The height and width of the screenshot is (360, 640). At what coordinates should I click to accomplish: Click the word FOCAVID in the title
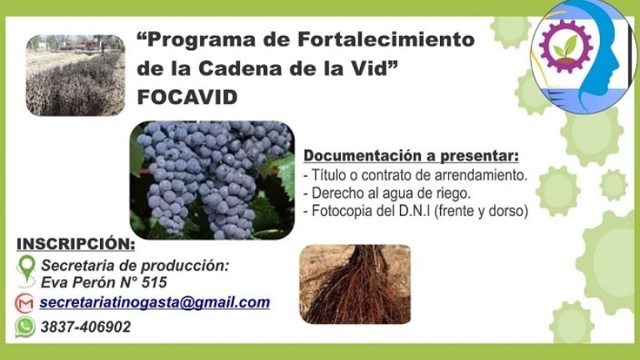click(187, 97)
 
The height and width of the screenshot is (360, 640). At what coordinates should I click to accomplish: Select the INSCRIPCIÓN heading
click(75, 243)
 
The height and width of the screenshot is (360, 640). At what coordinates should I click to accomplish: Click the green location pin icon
click(26, 269)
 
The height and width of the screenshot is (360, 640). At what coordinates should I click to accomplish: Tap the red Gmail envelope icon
click(25, 303)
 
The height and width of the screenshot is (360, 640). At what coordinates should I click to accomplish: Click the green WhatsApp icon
click(26, 326)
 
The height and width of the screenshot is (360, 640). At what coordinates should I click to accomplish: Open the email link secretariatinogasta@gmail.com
click(154, 302)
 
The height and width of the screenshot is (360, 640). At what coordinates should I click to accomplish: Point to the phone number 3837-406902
click(85, 327)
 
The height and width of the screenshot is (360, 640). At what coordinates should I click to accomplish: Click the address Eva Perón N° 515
click(103, 282)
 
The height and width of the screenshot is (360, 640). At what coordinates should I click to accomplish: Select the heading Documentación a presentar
click(411, 154)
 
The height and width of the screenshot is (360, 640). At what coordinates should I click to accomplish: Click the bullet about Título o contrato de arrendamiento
click(416, 175)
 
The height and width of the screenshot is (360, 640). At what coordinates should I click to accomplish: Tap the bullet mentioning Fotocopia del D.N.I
click(417, 212)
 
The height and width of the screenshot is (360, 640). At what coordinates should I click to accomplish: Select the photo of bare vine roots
click(354, 283)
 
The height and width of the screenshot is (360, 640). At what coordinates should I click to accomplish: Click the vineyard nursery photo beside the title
click(75, 74)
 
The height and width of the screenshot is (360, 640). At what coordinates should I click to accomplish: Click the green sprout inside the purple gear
click(567, 45)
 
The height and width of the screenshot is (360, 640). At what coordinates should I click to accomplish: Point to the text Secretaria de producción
click(135, 265)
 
